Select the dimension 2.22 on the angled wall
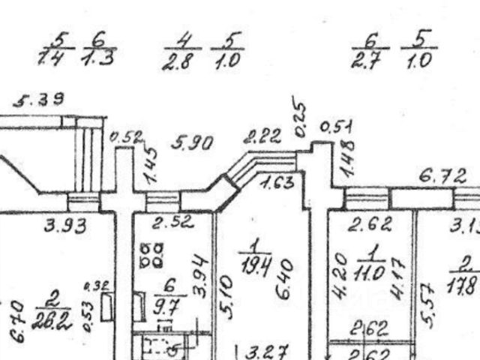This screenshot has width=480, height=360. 262,136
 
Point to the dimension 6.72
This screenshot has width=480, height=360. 442,178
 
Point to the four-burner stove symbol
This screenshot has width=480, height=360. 152,254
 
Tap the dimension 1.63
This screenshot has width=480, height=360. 277,181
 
